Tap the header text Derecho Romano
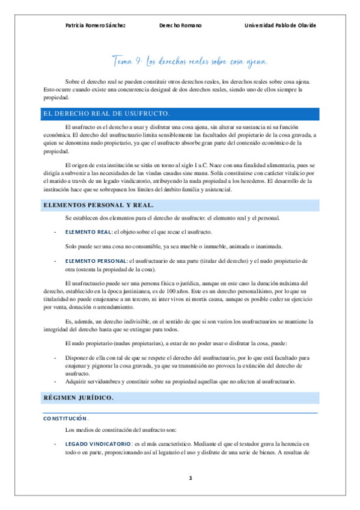180,25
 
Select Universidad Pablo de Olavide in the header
280,25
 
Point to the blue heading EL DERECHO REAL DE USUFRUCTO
106,113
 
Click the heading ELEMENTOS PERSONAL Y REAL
98,205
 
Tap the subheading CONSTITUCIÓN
67,418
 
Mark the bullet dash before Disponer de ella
55,357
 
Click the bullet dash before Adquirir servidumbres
55,381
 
